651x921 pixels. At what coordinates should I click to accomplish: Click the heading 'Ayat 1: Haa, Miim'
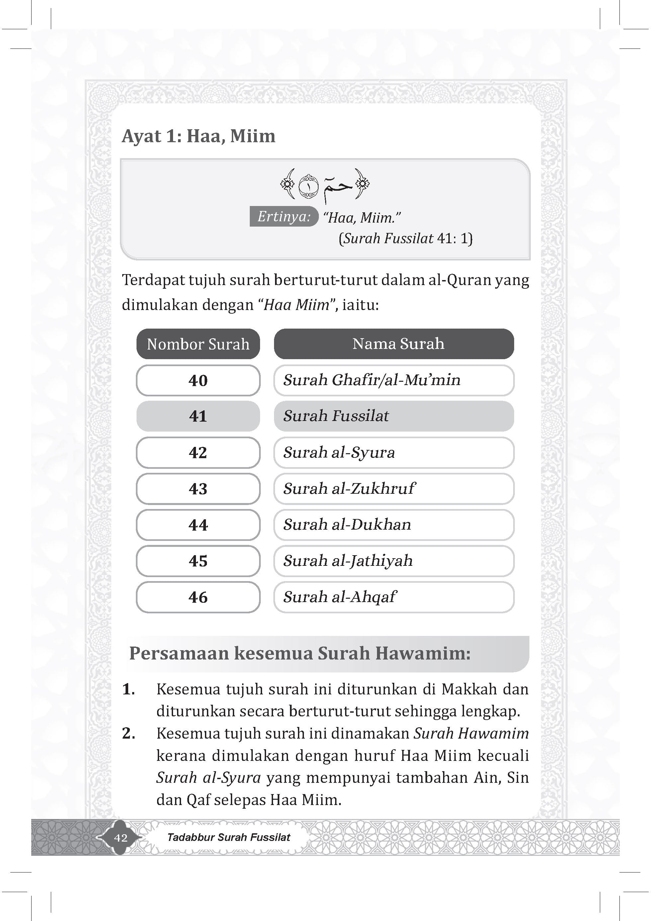click(x=199, y=136)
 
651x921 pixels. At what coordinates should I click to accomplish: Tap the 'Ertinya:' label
click(x=284, y=217)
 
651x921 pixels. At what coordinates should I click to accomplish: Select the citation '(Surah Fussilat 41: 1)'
click(x=406, y=239)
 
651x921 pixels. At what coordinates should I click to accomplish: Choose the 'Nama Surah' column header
click(x=394, y=344)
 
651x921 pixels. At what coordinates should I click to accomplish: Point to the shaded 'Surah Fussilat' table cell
click(x=394, y=416)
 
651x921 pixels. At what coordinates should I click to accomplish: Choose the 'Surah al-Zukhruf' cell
click(x=394, y=489)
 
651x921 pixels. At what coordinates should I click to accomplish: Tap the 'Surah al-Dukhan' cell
click(x=394, y=525)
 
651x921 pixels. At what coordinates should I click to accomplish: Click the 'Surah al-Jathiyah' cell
click(x=394, y=561)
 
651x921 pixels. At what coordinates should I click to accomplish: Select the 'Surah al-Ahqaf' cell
click(x=394, y=597)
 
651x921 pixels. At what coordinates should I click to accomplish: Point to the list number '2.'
click(x=128, y=733)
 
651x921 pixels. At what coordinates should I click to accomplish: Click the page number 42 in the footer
click(x=121, y=838)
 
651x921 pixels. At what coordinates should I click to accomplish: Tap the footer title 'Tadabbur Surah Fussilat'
click(x=229, y=837)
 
